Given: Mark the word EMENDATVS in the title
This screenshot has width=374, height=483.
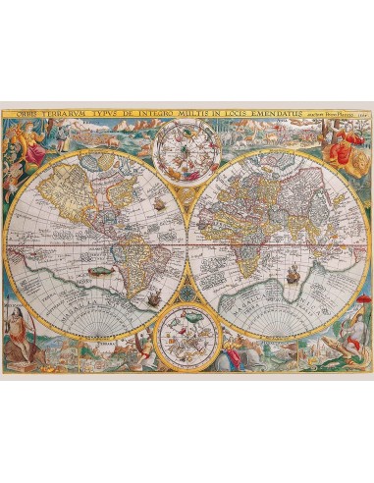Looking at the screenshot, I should click(x=295, y=112).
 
